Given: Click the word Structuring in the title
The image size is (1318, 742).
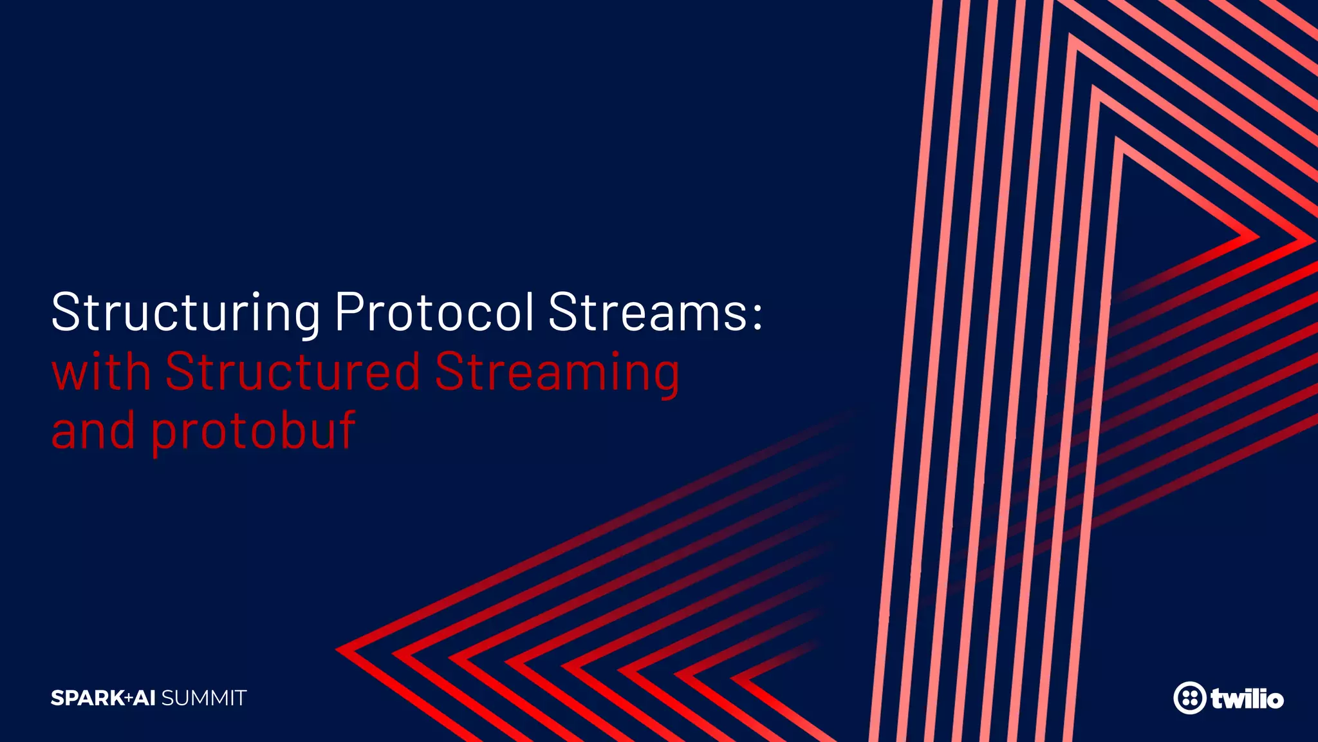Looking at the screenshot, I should (x=185, y=313).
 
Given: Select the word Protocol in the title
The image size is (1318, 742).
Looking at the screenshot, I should (x=434, y=312).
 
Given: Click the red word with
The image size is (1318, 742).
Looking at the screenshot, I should (x=101, y=372).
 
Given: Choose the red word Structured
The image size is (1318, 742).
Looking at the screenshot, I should (x=293, y=372).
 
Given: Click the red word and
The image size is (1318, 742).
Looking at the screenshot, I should (x=93, y=430).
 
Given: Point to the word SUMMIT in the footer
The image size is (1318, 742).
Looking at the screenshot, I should (x=204, y=698).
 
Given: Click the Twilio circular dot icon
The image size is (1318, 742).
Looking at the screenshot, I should (x=1189, y=698).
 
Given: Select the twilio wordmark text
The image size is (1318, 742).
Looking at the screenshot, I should (x=1247, y=698).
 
